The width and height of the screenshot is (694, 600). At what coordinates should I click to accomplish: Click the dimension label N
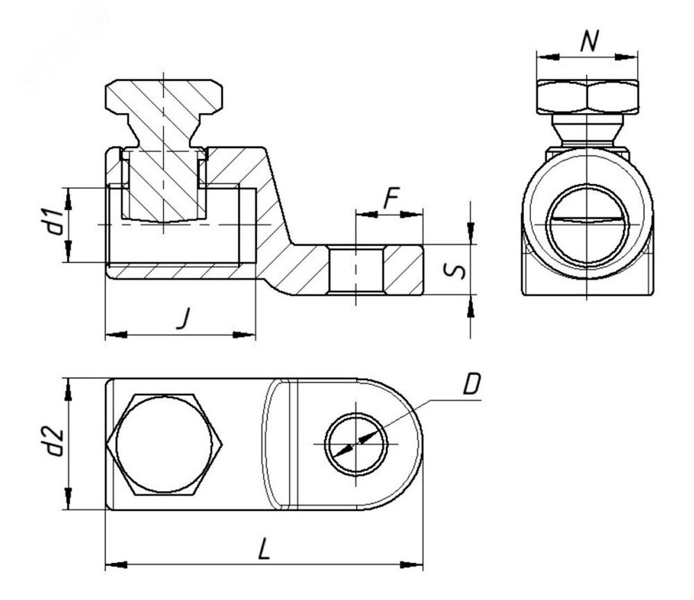(x=589, y=42)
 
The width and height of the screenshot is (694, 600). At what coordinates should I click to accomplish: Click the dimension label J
(x=182, y=320)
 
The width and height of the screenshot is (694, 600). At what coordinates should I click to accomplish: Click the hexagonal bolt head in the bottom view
(x=165, y=444)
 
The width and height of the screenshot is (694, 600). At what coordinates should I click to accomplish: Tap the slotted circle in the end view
(x=587, y=221)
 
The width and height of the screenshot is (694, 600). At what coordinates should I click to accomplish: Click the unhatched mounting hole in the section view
(x=355, y=269)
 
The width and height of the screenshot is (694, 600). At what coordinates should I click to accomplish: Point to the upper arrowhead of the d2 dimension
(x=69, y=389)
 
